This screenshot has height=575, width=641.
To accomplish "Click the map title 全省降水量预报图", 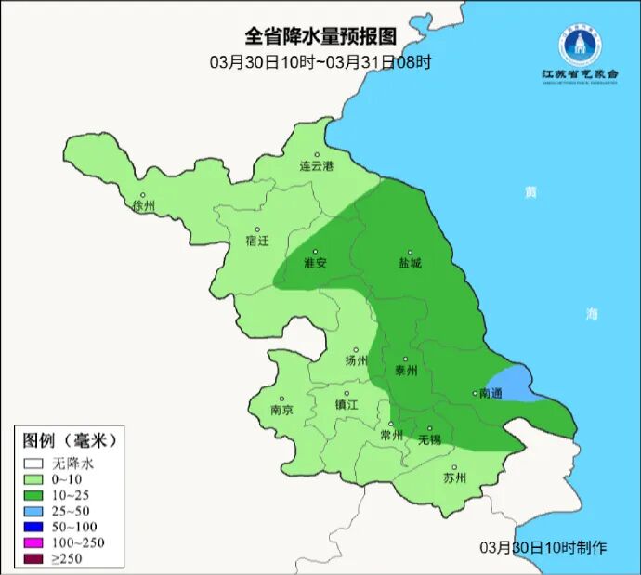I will tap(320, 36).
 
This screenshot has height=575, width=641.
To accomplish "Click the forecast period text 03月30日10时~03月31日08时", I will tap(320, 62).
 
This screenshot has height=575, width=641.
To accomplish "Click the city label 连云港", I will tap(316, 167).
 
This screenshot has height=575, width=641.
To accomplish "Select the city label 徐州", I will tap(144, 206).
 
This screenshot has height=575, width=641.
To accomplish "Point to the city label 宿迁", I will tap(257, 241).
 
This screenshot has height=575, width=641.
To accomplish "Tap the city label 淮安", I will tap(316, 263).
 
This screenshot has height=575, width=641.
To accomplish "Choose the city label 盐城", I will tap(410, 263).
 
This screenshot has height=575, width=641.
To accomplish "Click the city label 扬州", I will tap(356, 360).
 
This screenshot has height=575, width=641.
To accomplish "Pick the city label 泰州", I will tap(406, 370).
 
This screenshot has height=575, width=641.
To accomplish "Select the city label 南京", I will tap(281, 410).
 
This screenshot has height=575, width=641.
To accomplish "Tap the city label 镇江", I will tap(347, 405).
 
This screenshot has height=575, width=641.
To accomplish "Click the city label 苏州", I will tap(454, 478).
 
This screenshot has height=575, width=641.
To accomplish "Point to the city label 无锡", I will tap(429, 438).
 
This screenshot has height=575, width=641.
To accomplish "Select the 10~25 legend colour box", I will tap(34, 494).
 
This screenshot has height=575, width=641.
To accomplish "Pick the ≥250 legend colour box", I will tap(34, 558).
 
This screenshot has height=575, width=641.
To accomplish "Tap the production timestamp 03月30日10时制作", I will tap(543, 547).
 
